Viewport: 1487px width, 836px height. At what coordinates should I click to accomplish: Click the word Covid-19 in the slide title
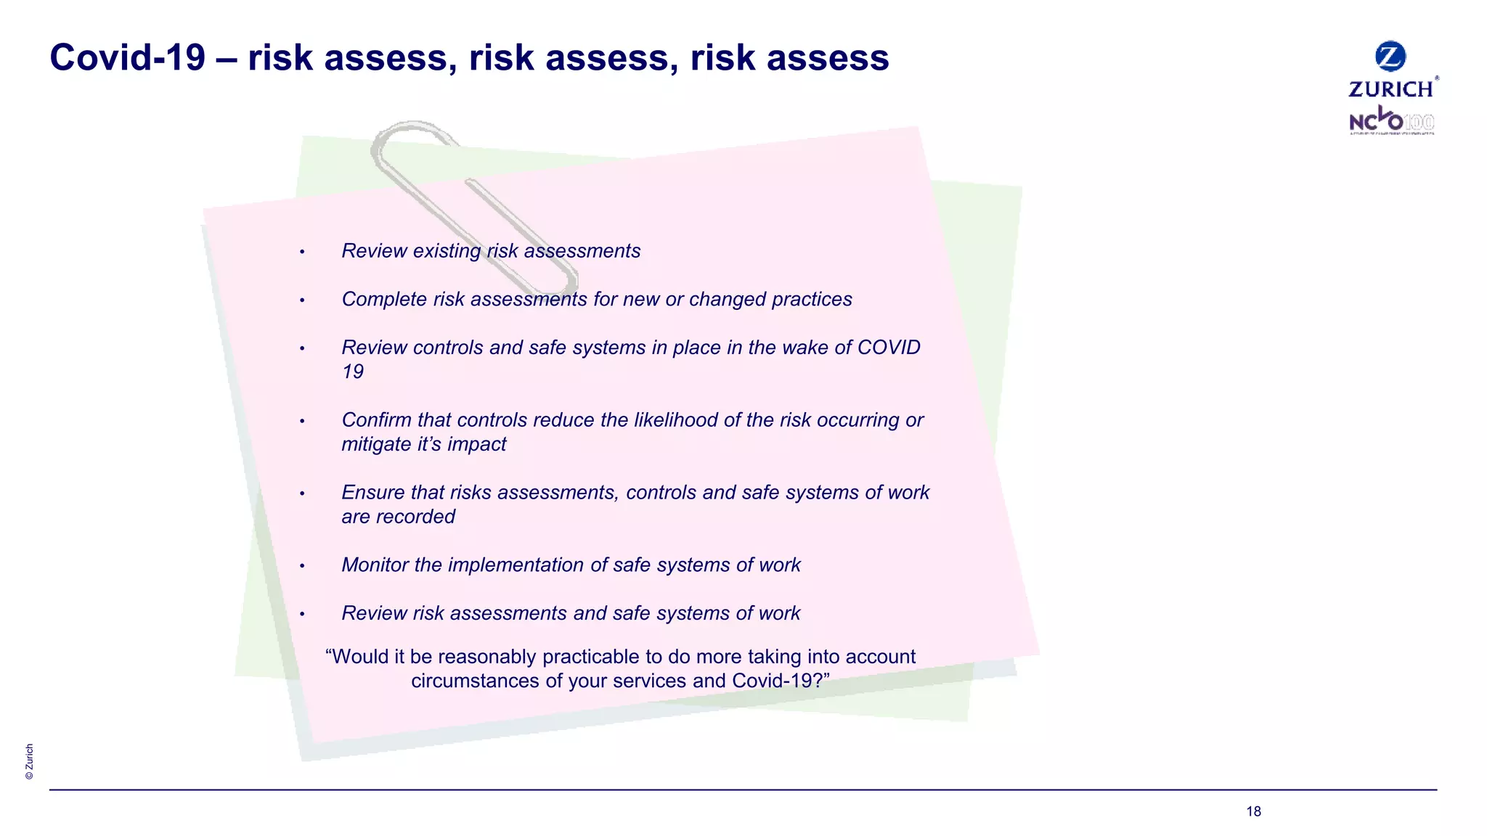[128, 58]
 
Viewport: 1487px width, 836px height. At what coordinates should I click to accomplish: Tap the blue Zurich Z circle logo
[1390, 56]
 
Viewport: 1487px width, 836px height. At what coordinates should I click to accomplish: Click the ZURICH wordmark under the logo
[1391, 89]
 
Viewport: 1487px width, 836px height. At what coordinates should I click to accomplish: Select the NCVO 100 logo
[1391, 120]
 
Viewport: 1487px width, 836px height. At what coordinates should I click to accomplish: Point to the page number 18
[1253, 811]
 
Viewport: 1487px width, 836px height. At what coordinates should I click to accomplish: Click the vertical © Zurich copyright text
[29, 761]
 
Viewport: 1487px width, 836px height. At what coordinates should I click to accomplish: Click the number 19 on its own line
[353, 372]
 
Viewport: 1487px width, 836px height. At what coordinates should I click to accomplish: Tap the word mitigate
[376, 444]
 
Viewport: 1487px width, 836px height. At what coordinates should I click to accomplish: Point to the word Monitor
[375, 565]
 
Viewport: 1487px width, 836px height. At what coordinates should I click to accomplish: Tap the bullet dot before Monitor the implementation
[302, 566]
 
